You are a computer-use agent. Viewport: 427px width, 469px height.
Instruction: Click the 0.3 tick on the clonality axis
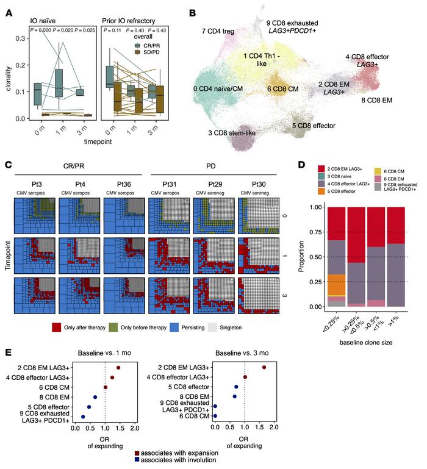tap(22, 38)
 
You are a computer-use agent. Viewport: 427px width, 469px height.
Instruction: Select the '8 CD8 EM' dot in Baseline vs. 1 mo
tap(95, 397)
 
